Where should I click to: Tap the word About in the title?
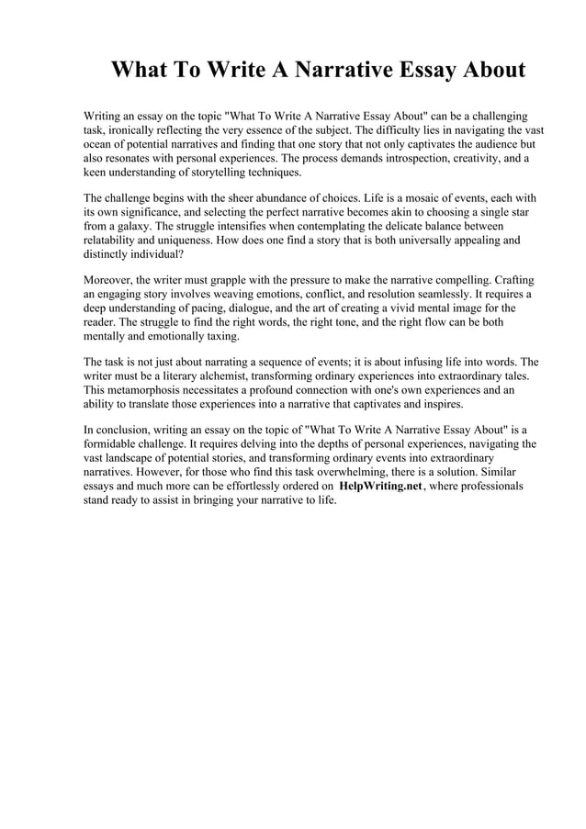487,71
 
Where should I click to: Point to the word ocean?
100,145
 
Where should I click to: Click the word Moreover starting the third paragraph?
108,280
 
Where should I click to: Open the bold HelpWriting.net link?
380,485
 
